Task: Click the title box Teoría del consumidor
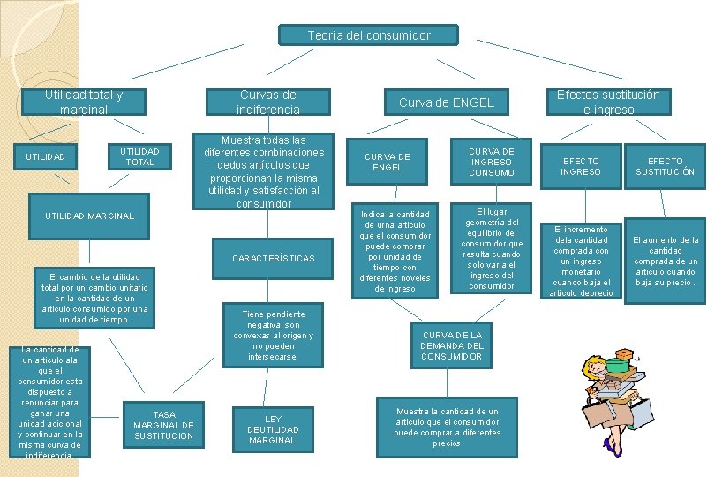[x=369, y=35]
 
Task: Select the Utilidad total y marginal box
[x=84, y=102]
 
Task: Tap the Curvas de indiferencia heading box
[x=267, y=102]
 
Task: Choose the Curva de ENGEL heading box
[x=446, y=102]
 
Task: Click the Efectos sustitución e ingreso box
[x=608, y=102]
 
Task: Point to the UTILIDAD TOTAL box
[x=139, y=156]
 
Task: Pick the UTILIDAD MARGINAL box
[x=90, y=216]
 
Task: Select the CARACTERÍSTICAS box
[x=273, y=259]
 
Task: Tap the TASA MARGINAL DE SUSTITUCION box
[x=163, y=425]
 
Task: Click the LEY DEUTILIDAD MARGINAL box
[x=273, y=429]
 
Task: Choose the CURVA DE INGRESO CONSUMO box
[x=491, y=162]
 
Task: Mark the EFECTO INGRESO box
[x=580, y=166]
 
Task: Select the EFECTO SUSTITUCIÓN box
[x=666, y=166]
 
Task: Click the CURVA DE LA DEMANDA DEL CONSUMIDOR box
[x=452, y=345]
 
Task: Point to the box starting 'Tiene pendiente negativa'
[x=273, y=336]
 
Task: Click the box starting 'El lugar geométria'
[x=491, y=249]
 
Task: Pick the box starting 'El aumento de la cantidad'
[x=666, y=261]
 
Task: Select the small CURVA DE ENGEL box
[x=388, y=162]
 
